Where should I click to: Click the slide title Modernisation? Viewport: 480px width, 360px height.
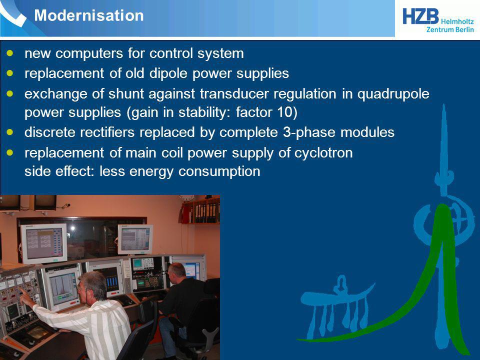tap(89, 15)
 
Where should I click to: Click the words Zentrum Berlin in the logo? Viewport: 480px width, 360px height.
tap(450, 29)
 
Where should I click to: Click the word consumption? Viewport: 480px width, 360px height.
tap(219, 171)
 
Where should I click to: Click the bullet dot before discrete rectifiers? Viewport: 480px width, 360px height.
tap(10, 132)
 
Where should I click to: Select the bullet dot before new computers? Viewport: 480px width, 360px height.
tap(10, 53)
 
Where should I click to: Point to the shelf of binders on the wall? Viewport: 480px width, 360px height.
tap(201, 211)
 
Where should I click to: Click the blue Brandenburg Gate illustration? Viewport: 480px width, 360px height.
tap(336, 306)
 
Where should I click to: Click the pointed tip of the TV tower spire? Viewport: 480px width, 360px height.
tap(443, 105)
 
